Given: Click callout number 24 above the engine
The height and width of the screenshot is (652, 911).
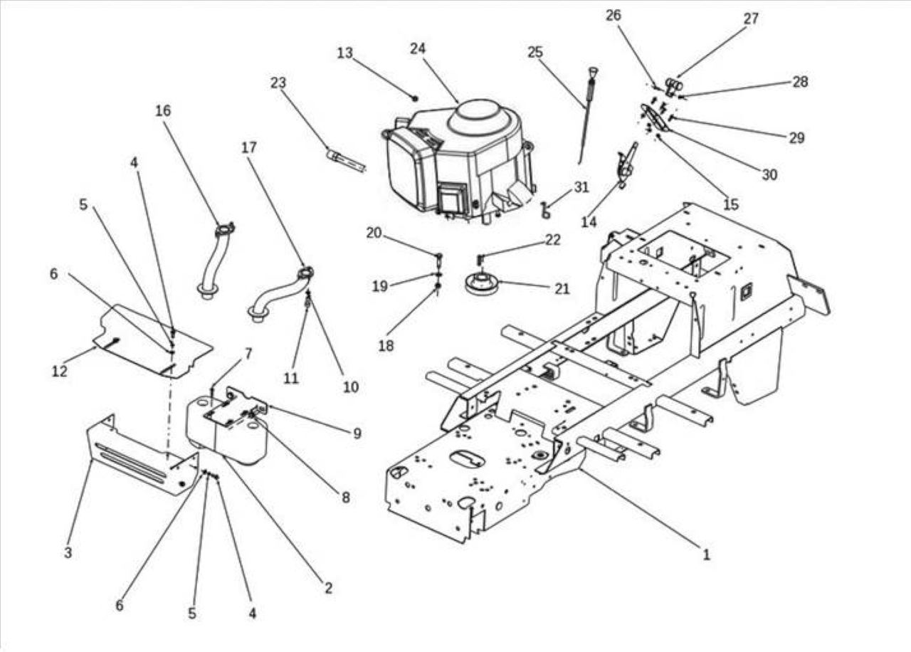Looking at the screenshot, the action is [x=418, y=49].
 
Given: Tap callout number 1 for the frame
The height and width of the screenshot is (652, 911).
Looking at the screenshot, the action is [x=706, y=554].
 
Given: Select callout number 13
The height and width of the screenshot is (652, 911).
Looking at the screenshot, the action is [x=345, y=53].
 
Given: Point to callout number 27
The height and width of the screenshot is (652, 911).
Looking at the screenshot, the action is [x=751, y=19].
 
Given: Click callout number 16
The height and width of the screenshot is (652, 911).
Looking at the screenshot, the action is [x=163, y=110].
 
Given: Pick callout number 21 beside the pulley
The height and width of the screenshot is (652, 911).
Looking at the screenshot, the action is [x=562, y=289].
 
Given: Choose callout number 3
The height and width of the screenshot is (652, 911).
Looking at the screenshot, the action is [x=68, y=552].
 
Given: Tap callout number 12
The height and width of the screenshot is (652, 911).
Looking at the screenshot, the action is [x=60, y=371].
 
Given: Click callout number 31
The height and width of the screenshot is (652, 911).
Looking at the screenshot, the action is [x=581, y=187].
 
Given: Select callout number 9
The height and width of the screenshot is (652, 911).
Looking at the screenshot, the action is [x=357, y=433].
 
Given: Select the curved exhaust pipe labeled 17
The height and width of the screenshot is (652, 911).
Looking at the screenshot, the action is [x=280, y=294].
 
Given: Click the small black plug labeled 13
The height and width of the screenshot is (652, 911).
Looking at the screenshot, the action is [x=415, y=98].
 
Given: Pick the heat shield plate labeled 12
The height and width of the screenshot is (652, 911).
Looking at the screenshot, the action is [x=152, y=342].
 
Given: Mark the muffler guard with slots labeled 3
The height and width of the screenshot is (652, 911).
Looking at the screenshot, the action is [x=142, y=455].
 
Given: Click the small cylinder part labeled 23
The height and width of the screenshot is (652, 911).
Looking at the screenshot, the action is [x=346, y=161].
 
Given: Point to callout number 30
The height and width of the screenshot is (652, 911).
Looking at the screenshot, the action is [x=769, y=175].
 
